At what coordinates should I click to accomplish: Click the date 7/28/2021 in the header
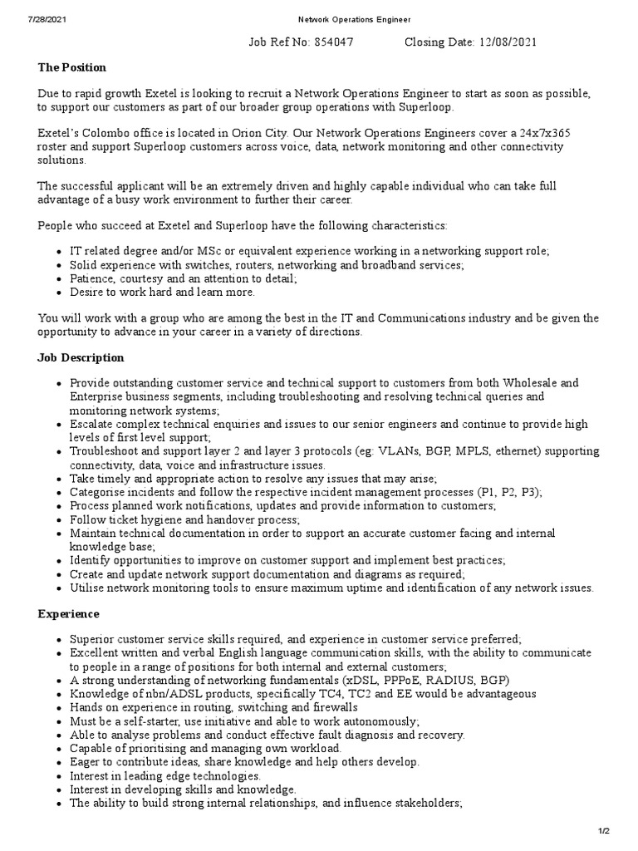pyautogui.click(x=22, y=19)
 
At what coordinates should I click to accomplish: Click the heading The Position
pyautogui.click(x=72, y=67)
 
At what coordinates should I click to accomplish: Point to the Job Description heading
pyautogui.click(x=81, y=357)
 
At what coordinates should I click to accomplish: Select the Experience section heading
pyautogui.click(x=68, y=614)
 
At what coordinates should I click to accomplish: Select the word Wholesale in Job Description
pyautogui.click(x=528, y=383)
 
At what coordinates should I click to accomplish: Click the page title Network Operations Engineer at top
pyautogui.click(x=343, y=19)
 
